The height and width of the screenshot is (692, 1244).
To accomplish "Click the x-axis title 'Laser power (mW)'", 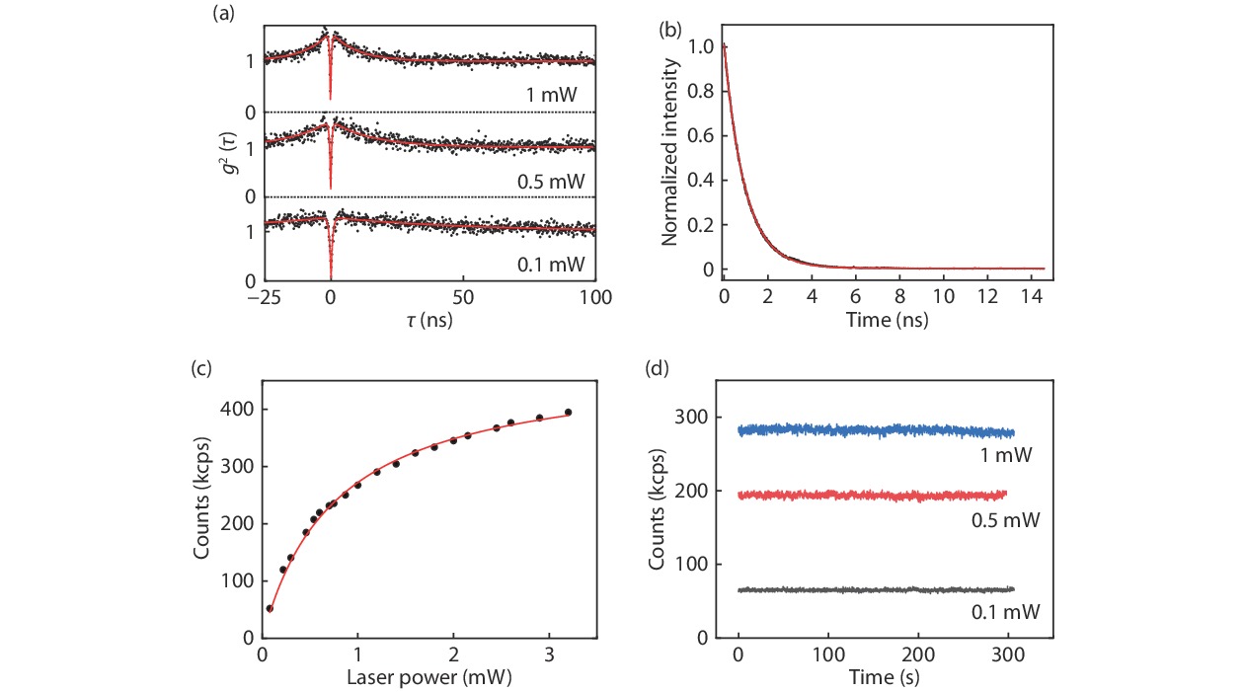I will [428, 680].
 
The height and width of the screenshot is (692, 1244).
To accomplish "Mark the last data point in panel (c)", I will [568, 413].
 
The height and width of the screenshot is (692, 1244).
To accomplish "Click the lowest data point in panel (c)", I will [270, 609].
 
